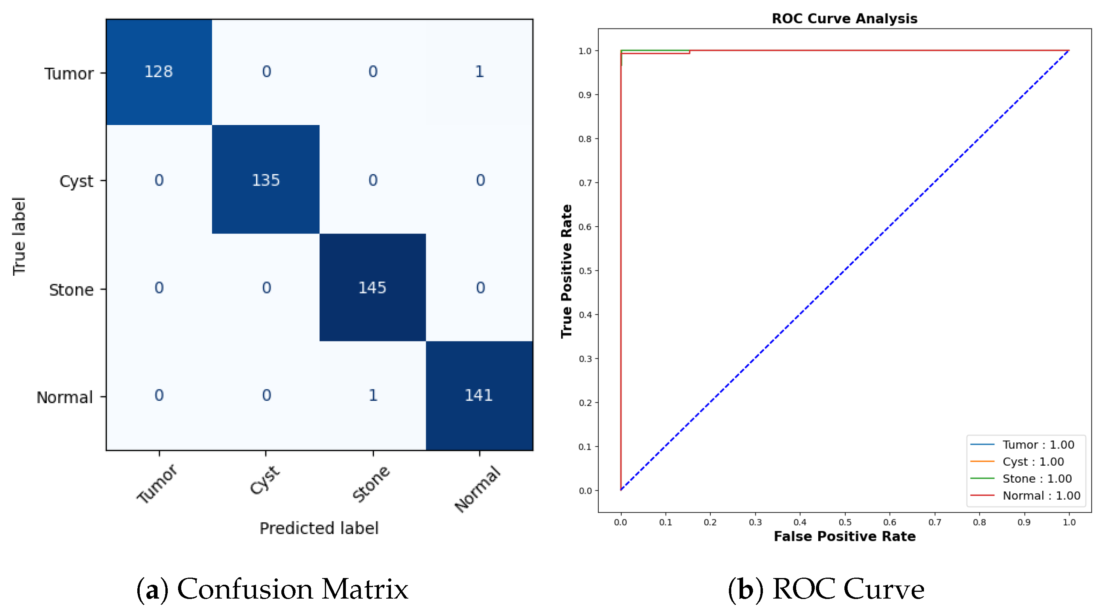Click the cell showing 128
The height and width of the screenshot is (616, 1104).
[x=158, y=72]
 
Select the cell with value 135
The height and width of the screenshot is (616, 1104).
[x=266, y=180]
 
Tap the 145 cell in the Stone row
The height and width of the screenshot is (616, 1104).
[x=372, y=288]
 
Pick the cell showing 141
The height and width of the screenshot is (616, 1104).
[x=479, y=395]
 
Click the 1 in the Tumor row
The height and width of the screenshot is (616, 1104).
[x=479, y=72]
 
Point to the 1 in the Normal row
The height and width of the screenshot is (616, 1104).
[x=373, y=395]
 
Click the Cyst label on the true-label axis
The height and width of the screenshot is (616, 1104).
[x=76, y=181]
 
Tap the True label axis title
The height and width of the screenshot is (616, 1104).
[x=19, y=236]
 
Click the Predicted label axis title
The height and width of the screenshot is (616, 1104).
[x=319, y=528]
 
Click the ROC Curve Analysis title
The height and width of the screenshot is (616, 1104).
[x=844, y=19]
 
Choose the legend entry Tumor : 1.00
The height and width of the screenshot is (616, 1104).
[x=1038, y=445]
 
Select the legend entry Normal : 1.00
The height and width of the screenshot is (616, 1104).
[x=1041, y=496]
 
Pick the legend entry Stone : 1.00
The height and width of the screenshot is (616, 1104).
[x=1037, y=478]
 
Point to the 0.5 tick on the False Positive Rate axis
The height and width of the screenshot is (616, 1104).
[x=845, y=522]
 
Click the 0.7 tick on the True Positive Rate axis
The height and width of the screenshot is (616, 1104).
[x=585, y=183]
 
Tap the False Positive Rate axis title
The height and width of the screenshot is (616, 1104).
[x=844, y=536]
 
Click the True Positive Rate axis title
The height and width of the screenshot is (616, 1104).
[x=567, y=271]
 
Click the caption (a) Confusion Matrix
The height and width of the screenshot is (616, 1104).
[x=272, y=589]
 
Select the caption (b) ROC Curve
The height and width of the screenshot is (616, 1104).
[x=826, y=589]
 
